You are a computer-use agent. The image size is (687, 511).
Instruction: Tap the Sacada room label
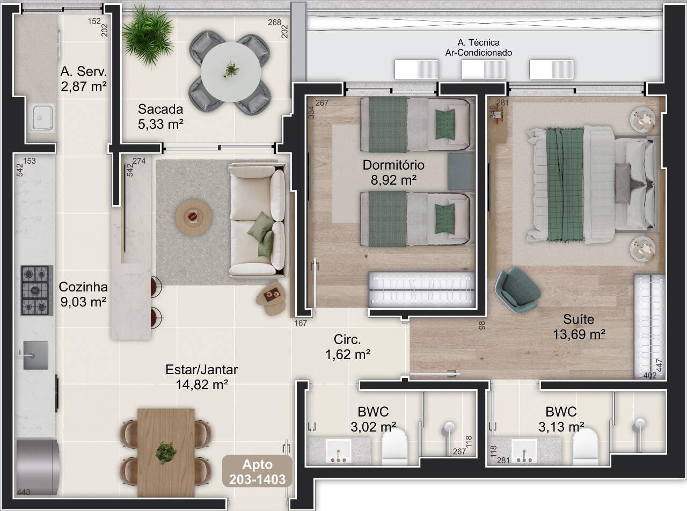click(160, 109)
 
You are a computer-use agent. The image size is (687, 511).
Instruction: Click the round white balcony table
click(231, 72)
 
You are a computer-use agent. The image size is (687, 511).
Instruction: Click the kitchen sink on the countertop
click(35, 355)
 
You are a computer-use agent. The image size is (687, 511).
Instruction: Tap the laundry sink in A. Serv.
click(41, 118)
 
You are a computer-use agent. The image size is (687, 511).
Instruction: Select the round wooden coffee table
click(194, 217)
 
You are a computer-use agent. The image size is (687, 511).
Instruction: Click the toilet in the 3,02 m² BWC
click(394, 447)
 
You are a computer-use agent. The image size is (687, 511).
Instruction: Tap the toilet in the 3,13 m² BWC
click(585, 447)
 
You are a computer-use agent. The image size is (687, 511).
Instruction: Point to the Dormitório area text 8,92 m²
click(393, 180)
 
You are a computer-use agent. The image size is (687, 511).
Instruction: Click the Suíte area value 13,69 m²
click(579, 334)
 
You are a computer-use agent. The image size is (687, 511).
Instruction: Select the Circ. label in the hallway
click(347, 340)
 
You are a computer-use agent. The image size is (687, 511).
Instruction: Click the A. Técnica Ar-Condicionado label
click(479, 47)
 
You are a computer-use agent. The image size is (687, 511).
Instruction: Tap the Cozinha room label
click(83, 287)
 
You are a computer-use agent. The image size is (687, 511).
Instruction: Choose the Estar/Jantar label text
click(202, 370)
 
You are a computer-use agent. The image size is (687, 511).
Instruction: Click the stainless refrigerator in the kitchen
click(36, 466)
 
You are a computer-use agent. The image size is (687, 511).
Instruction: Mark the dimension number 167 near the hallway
click(301, 324)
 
